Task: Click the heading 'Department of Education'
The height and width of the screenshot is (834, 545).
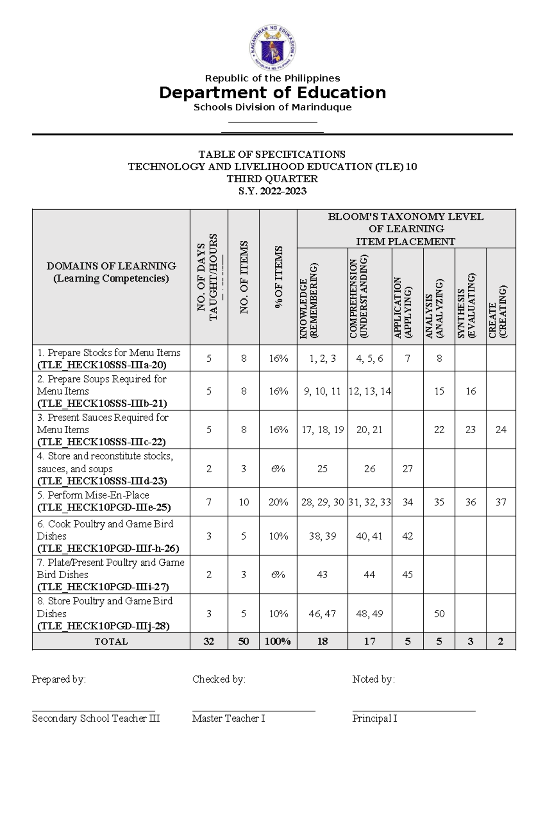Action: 272,93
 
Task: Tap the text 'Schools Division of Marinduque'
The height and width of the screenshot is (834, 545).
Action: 272,107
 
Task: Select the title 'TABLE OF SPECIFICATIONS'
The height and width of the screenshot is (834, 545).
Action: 272,154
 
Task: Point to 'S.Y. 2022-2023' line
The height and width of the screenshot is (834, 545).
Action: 272,191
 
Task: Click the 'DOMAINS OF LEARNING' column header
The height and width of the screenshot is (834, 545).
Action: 111,266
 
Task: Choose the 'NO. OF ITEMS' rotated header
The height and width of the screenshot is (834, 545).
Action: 244,277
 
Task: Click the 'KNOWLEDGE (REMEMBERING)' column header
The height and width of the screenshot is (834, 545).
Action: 309,300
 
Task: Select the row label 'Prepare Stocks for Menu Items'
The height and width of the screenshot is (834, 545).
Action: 109,353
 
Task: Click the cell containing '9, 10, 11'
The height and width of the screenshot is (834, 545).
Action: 322,391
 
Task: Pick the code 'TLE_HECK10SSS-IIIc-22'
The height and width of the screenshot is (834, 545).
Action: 102,442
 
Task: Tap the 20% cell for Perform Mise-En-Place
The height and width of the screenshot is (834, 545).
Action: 278,502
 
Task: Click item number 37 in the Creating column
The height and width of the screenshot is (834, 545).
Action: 501,502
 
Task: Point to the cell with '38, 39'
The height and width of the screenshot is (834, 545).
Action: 322,536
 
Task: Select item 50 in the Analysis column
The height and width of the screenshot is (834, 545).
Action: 439,614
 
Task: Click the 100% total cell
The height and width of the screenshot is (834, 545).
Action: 278,641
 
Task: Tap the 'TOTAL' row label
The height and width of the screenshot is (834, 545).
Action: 111,641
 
